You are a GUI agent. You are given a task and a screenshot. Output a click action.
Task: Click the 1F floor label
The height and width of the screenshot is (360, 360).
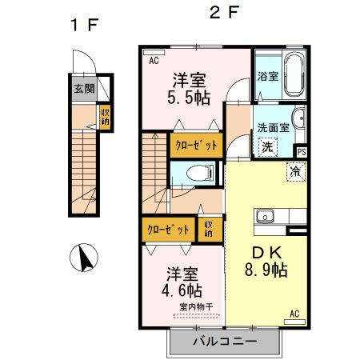[x=82, y=25]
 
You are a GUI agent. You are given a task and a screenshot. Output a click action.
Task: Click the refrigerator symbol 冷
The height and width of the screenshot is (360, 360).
[x=296, y=170]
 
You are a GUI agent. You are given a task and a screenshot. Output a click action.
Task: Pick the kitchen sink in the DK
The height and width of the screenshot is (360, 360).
[x=265, y=216]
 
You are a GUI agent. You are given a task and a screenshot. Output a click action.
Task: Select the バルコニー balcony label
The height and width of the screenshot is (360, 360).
[x=225, y=342]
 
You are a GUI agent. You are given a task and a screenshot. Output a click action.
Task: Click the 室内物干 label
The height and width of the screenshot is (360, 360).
[x=196, y=306]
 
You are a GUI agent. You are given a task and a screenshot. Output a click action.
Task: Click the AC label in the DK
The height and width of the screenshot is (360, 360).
[x=294, y=313]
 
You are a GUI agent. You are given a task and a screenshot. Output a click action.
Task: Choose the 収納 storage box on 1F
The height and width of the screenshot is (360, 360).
[x=105, y=117]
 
